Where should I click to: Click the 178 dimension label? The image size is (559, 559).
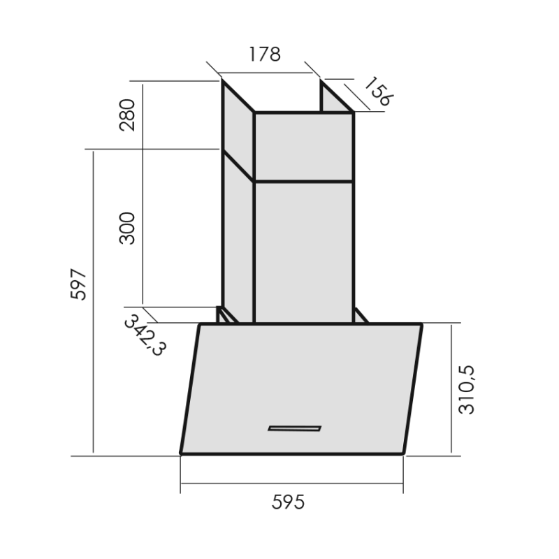265,55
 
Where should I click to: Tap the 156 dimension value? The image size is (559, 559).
379,92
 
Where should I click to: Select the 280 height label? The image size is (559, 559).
127,115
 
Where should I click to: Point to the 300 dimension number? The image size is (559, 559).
127,228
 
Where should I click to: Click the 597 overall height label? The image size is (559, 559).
78,284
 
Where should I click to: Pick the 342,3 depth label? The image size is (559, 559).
145,335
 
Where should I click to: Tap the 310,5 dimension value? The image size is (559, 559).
467,390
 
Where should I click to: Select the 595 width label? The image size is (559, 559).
288,502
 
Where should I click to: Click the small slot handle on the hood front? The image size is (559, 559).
294,428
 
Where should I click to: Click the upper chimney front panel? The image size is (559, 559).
304,147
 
